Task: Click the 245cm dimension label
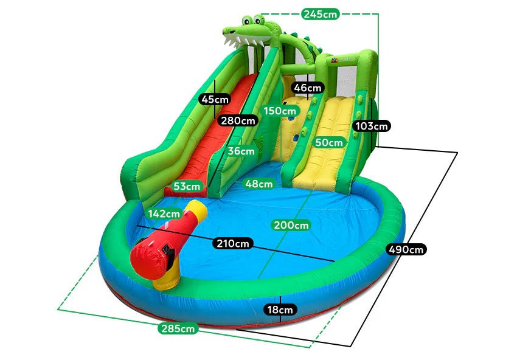click(x=320, y=13)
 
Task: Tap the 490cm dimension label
click(x=406, y=249)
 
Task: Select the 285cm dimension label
click(x=179, y=328)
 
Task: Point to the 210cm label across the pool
click(x=234, y=243)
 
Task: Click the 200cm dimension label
click(x=290, y=225)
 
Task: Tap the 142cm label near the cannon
click(x=164, y=213)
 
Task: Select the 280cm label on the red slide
click(x=238, y=120)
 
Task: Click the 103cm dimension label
click(x=371, y=126)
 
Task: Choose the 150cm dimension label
click(x=280, y=111)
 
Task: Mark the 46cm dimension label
click(x=307, y=88)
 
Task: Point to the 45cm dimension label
click(x=215, y=99)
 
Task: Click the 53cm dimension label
click(x=186, y=186)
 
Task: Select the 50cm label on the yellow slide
click(x=329, y=142)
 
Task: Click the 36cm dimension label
click(x=241, y=151)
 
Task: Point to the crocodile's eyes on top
click(x=250, y=20)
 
